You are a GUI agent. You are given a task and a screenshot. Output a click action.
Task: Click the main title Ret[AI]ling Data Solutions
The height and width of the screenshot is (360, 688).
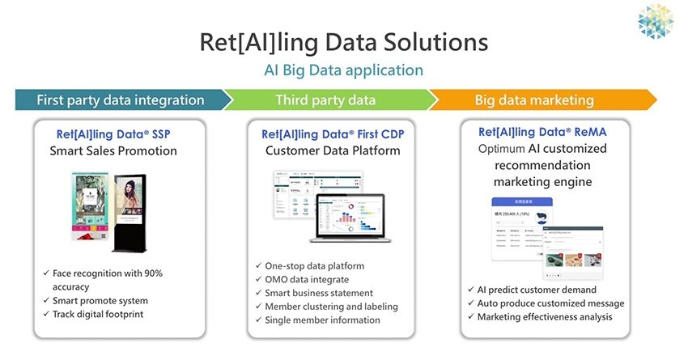pyautogui.click(x=344, y=42)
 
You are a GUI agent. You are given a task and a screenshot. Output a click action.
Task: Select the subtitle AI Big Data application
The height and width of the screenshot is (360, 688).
pyautogui.click(x=344, y=70)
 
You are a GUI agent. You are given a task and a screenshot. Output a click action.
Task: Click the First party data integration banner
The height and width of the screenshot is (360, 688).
pyautogui.click(x=120, y=100)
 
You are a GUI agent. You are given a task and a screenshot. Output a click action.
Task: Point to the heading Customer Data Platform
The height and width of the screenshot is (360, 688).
pyautogui.click(x=333, y=150)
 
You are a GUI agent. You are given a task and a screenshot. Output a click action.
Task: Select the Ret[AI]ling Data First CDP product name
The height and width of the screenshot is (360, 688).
pyautogui.click(x=333, y=133)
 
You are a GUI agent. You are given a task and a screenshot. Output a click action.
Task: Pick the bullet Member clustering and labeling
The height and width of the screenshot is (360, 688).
pyautogui.click(x=330, y=306)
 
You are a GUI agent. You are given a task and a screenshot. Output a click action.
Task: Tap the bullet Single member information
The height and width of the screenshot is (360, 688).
pyautogui.click(x=322, y=320)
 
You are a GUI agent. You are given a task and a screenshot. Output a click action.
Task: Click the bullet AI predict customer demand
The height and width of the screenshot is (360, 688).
pyautogui.click(x=538, y=290)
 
